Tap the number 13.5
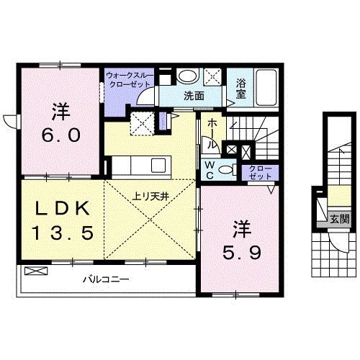[x=61, y=232]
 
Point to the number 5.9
[x=238, y=253]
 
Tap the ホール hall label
[x=210, y=133]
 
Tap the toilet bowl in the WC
[x=226, y=170]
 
